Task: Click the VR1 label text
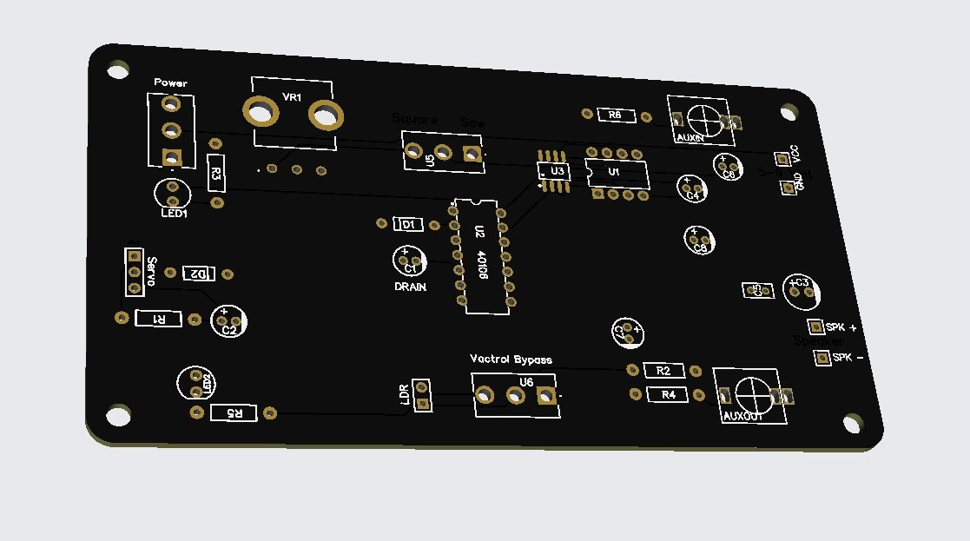tap(292, 97)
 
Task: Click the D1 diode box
tap(409, 224)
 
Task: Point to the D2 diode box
tap(199, 274)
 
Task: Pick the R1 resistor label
tap(160, 319)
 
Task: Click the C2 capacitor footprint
tap(228, 320)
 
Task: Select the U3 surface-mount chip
tap(552, 172)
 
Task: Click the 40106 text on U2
tap(483, 261)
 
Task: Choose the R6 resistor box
tap(614, 115)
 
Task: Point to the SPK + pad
tap(815, 327)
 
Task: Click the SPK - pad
tap(822, 358)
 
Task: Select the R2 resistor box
tap(663, 371)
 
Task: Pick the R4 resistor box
tap(668, 395)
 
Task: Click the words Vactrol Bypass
tap(511, 358)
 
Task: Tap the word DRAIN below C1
tap(410, 286)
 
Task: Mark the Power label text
tap(170, 82)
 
